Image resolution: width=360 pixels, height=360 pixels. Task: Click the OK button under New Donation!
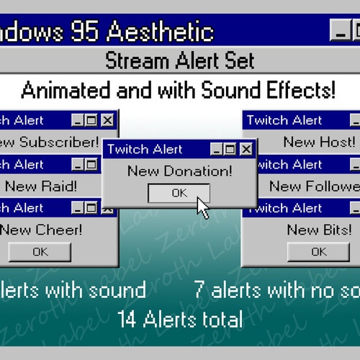(179, 193)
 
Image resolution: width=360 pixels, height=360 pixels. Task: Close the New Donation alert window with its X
(246, 149)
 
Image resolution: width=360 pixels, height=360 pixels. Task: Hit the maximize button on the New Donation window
(230, 149)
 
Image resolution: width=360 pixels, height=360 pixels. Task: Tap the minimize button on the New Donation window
(216, 149)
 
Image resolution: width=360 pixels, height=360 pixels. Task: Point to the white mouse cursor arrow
(203, 207)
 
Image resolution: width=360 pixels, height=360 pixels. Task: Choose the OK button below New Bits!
(318, 252)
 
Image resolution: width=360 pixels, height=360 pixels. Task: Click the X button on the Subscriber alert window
(107, 120)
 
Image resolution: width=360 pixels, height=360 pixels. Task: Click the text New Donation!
(179, 171)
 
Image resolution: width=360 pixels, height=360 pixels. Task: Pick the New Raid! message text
(40, 186)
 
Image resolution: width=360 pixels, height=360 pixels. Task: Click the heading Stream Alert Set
(179, 60)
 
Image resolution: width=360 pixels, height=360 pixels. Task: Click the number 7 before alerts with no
(200, 290)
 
